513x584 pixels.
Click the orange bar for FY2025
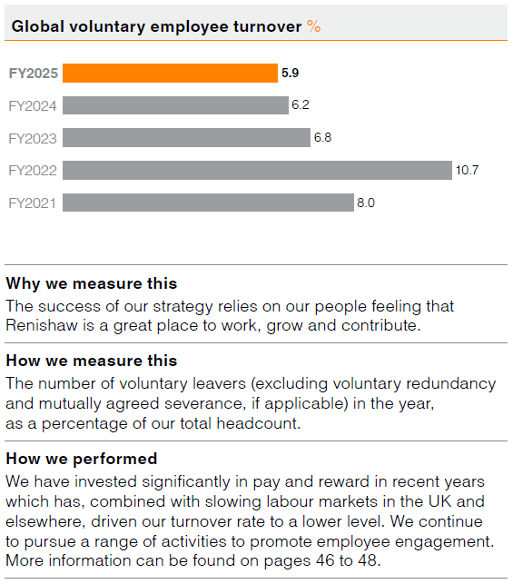click(170, 74)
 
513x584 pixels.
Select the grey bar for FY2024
click(175, 105)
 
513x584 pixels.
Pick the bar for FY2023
click(186, 138)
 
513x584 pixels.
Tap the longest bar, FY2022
click(257, 171)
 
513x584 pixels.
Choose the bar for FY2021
click(208, 203)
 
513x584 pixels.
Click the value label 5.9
click(291, 74)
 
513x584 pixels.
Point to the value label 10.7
click(467, 171)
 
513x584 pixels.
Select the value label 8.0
click(365, 203)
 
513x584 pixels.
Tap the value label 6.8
click(322, 138)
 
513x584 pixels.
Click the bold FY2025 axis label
click(33, 74)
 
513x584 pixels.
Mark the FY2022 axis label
click(33, 171)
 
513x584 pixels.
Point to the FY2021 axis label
click(33, 203)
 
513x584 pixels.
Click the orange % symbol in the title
click(314, 26)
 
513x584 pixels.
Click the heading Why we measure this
click(92, 283)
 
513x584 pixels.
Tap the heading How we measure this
click(92, 361)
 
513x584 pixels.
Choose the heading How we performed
click(82, 459)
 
